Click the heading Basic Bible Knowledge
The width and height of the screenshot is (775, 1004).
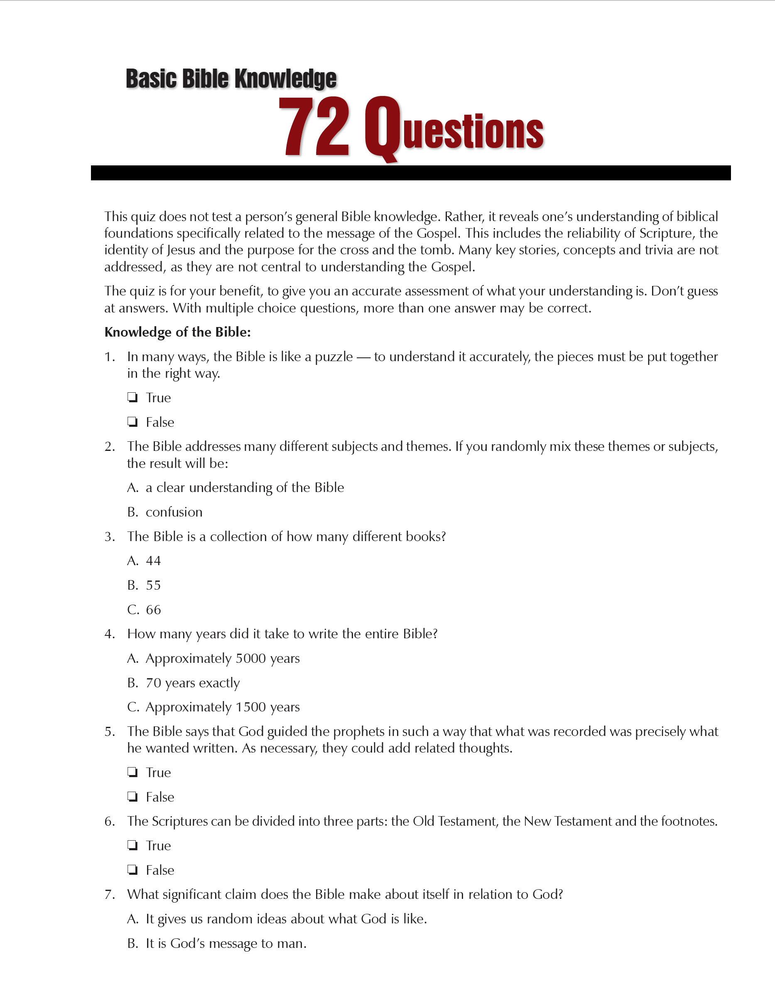coord(231,79)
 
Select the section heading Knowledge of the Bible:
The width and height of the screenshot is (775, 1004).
coord(177,332)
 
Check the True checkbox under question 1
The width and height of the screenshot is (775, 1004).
coord(133,397)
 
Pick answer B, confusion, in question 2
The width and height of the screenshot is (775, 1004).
coord(174,512)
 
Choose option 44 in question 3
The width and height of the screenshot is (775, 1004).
coord(153,560)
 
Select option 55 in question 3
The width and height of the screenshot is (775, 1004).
coord(153,585)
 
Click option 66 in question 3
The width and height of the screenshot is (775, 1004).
coord(153,610)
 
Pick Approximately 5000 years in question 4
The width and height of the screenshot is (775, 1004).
coord(222,658)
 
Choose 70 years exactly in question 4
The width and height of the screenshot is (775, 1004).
coord(192,683)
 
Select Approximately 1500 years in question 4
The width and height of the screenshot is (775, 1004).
coord(222,706)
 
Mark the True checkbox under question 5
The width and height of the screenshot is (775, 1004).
coord(133,772)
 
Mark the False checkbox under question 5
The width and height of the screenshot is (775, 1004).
coord(133,797)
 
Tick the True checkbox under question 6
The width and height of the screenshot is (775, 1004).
coord(133,845)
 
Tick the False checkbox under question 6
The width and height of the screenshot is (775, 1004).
coord(133,870)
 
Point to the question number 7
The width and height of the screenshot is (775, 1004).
coord(109,895)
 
